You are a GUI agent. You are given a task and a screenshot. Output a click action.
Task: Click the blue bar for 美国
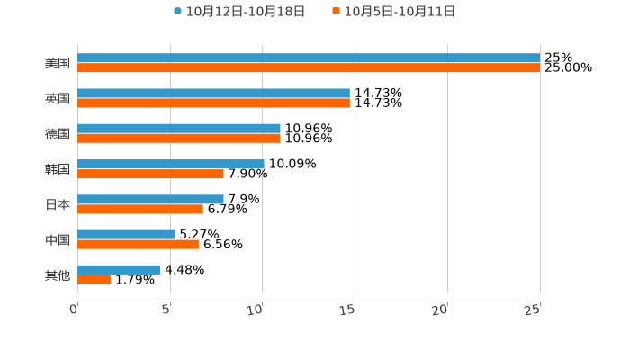pos(309,58)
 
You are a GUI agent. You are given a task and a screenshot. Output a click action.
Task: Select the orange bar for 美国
pos(309,67)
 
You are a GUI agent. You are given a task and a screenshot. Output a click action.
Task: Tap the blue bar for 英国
pos(213,94)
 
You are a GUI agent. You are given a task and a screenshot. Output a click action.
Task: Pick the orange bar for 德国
pos(179,139)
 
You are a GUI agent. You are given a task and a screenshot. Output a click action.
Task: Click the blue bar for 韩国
pos(171,164)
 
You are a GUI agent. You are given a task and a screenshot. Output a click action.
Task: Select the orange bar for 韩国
pos(150,174)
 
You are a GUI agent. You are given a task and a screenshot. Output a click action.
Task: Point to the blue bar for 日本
pos(150,199)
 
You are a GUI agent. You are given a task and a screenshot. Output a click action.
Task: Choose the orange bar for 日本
pos(140,209)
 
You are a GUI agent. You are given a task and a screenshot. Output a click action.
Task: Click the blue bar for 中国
pos(126,234)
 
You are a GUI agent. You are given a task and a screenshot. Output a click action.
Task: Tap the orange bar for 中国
pos(138,244)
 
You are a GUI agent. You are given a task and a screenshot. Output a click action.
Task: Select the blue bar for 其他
pos(119,269)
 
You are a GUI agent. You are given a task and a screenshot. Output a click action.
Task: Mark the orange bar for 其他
pos(94,279)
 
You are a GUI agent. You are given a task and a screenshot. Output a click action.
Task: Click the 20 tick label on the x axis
pos(440,310)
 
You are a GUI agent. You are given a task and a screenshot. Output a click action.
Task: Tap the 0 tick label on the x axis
pos(74,310)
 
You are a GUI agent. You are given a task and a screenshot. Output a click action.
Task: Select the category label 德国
pos(58,134)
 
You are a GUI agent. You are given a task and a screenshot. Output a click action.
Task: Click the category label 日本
pos(58,204)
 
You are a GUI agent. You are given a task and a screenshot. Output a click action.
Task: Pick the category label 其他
pos(58,274)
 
